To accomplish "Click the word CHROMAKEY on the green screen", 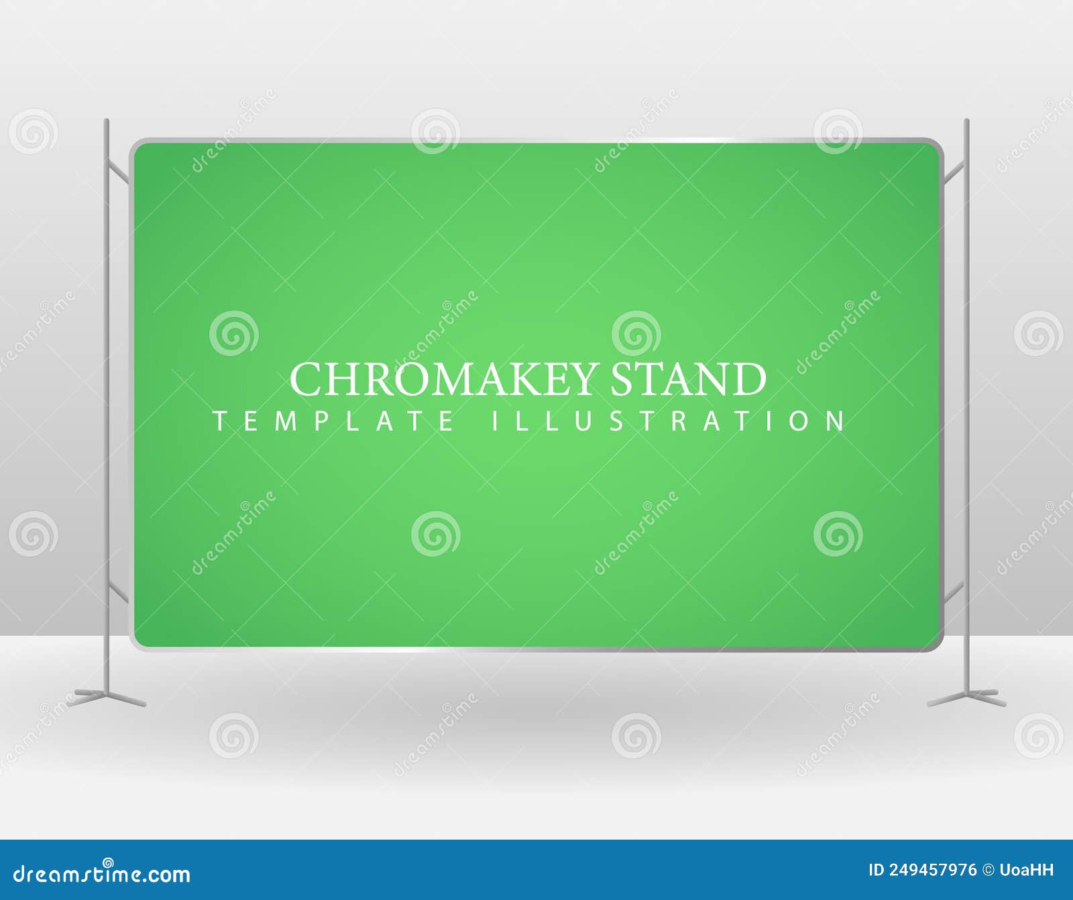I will click(442, 379).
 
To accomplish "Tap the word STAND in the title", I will click(688, 379).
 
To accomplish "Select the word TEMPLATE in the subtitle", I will click(334, 421).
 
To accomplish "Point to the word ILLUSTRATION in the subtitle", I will click(669, 421).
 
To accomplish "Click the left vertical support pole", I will click(107, 402).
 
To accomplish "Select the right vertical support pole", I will click(966, 402).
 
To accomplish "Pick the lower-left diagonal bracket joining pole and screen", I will click(119, 592).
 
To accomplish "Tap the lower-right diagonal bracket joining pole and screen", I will click(954, 592).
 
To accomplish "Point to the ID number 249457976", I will click(932, 870).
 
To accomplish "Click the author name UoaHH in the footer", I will click(1027, 870).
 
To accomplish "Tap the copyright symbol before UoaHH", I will click(988, 870).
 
